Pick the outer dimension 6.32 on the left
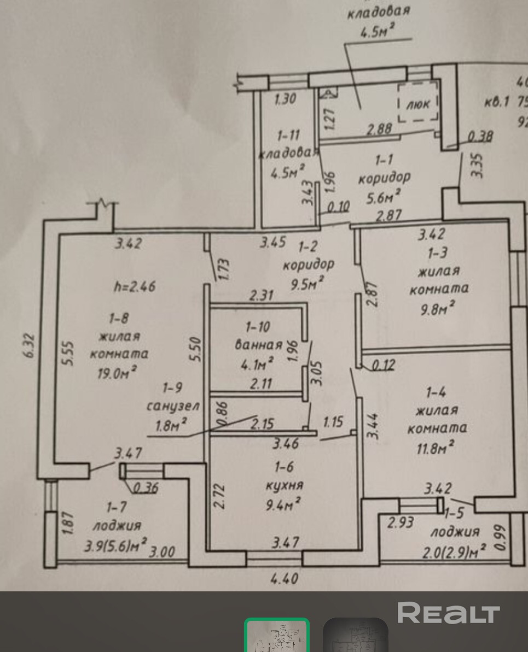(x=30, y=345)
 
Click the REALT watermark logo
(x=448, y=613)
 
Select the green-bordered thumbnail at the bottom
(x=277, y=636)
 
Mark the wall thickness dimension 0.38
(x=480, y=136)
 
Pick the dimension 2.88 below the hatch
(x=379, y=129)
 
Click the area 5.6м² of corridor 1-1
(x=384, y=196)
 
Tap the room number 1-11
(x=288, y=134)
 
